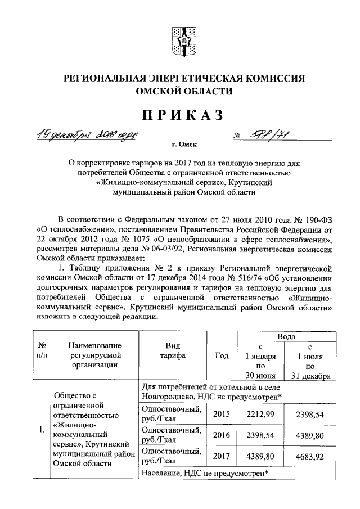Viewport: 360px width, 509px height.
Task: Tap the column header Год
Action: (222, 355)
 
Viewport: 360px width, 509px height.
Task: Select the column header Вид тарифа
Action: (172, 350)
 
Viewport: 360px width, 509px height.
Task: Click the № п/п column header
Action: (42, 350)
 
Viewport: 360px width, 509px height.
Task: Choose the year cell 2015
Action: (222, 414)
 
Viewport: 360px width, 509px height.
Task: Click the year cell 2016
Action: (222, 435)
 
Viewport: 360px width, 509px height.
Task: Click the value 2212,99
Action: (261, 414)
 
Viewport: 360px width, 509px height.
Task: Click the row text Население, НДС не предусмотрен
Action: (203, 473)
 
